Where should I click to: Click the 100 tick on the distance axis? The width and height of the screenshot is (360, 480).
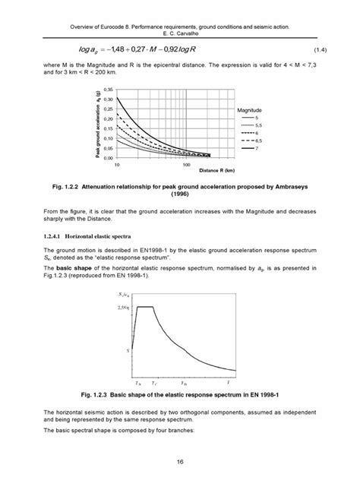[x=186, y=164]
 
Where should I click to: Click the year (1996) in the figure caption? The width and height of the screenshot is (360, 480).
[x=180, y=194]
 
